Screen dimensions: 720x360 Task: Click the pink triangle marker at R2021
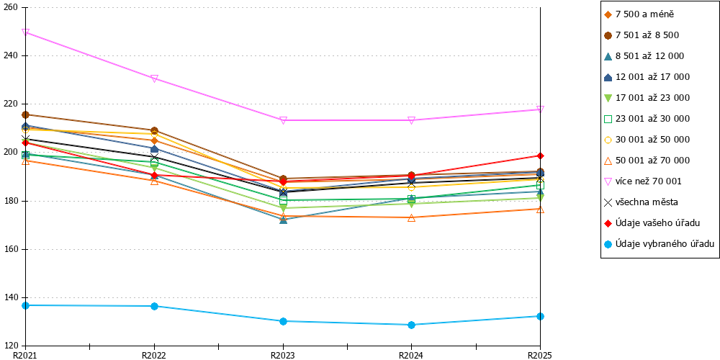[26, 32]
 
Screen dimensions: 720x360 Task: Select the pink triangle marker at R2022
[154, 78]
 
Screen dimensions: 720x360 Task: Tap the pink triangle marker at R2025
[541, 109]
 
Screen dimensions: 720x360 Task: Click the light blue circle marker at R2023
[283, 321]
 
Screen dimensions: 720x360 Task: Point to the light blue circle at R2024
[411, 325]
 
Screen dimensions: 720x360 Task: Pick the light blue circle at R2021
[26, 305]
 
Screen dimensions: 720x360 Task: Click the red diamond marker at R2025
[541, 156]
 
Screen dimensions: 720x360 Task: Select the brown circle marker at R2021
[26, 114]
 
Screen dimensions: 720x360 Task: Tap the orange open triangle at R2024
[411, 218]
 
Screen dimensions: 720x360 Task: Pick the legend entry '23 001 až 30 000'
[647, 119]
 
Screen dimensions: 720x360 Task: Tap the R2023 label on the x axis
[283, 355]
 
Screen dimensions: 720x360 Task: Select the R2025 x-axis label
[540, 355]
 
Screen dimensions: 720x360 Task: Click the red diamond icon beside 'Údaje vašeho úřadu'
[608, 223]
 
